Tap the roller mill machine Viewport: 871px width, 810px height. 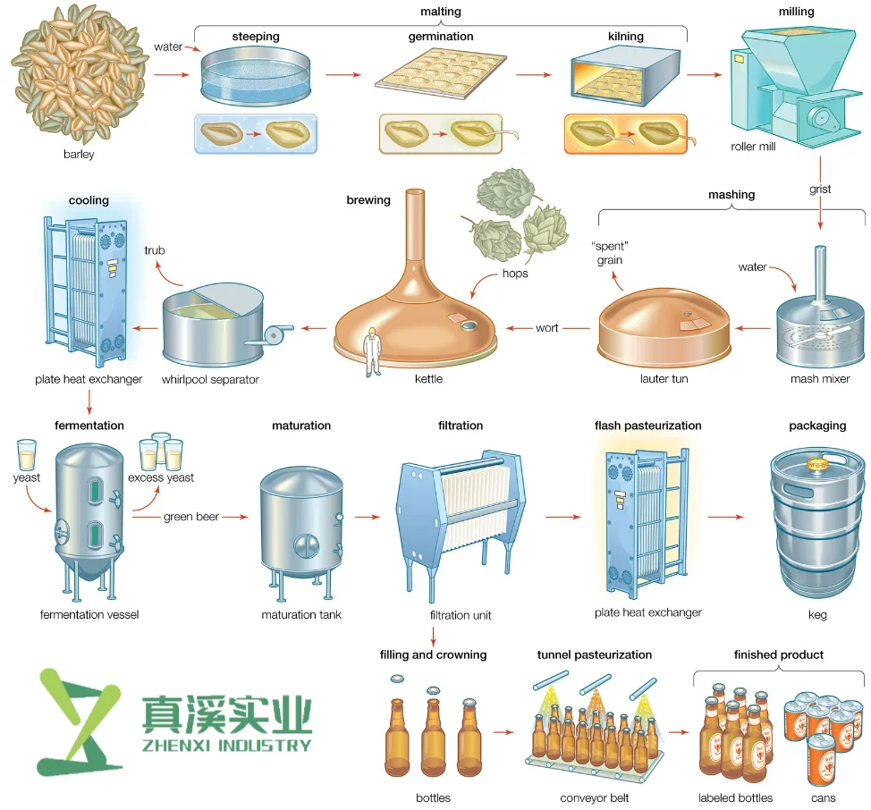(787, 85)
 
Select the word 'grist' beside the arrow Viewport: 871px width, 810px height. (820, 190)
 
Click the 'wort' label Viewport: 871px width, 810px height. (547, 328)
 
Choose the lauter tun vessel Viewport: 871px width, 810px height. (664, 325)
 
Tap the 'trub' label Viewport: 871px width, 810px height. (155, 250)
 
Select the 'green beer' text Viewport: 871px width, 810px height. (191, 517)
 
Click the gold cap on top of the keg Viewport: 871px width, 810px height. (816, 465)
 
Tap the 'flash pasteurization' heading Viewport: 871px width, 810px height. (647, 426)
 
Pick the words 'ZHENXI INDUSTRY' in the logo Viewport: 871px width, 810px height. (226, 745)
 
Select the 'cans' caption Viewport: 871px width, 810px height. (824, 797)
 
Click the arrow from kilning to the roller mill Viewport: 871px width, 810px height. (703, 75)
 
